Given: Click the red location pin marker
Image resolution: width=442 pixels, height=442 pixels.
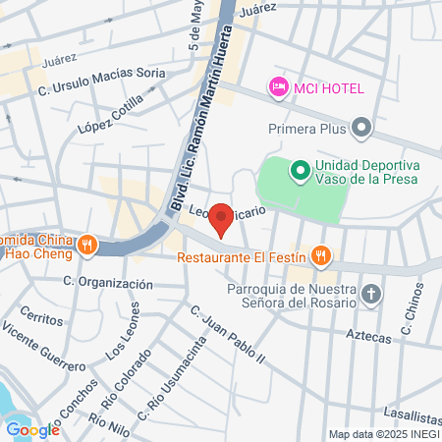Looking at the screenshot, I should [222, 218].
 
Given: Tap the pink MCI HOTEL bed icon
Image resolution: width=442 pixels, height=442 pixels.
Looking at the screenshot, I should [278, 87].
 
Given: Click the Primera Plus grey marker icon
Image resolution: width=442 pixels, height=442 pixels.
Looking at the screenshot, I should [362, 127].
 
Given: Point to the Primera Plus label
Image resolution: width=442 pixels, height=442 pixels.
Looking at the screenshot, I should [307, 127].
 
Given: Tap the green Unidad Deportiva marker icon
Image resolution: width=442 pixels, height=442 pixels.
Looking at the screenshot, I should [299, 171].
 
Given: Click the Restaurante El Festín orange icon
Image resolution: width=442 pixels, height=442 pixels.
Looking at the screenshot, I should [319, 258].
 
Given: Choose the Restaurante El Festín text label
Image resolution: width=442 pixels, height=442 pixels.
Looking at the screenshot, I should [242, 258].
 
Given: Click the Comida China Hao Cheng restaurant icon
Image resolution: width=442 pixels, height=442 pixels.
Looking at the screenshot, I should [87, 244].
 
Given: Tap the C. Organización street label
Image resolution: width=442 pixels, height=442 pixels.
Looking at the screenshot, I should [108, 282].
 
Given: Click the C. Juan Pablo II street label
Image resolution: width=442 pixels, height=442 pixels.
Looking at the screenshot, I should [229, 335].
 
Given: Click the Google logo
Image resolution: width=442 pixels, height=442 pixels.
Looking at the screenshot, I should [32, 428].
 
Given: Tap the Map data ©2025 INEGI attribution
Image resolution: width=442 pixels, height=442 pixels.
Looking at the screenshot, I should [383, 434].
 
